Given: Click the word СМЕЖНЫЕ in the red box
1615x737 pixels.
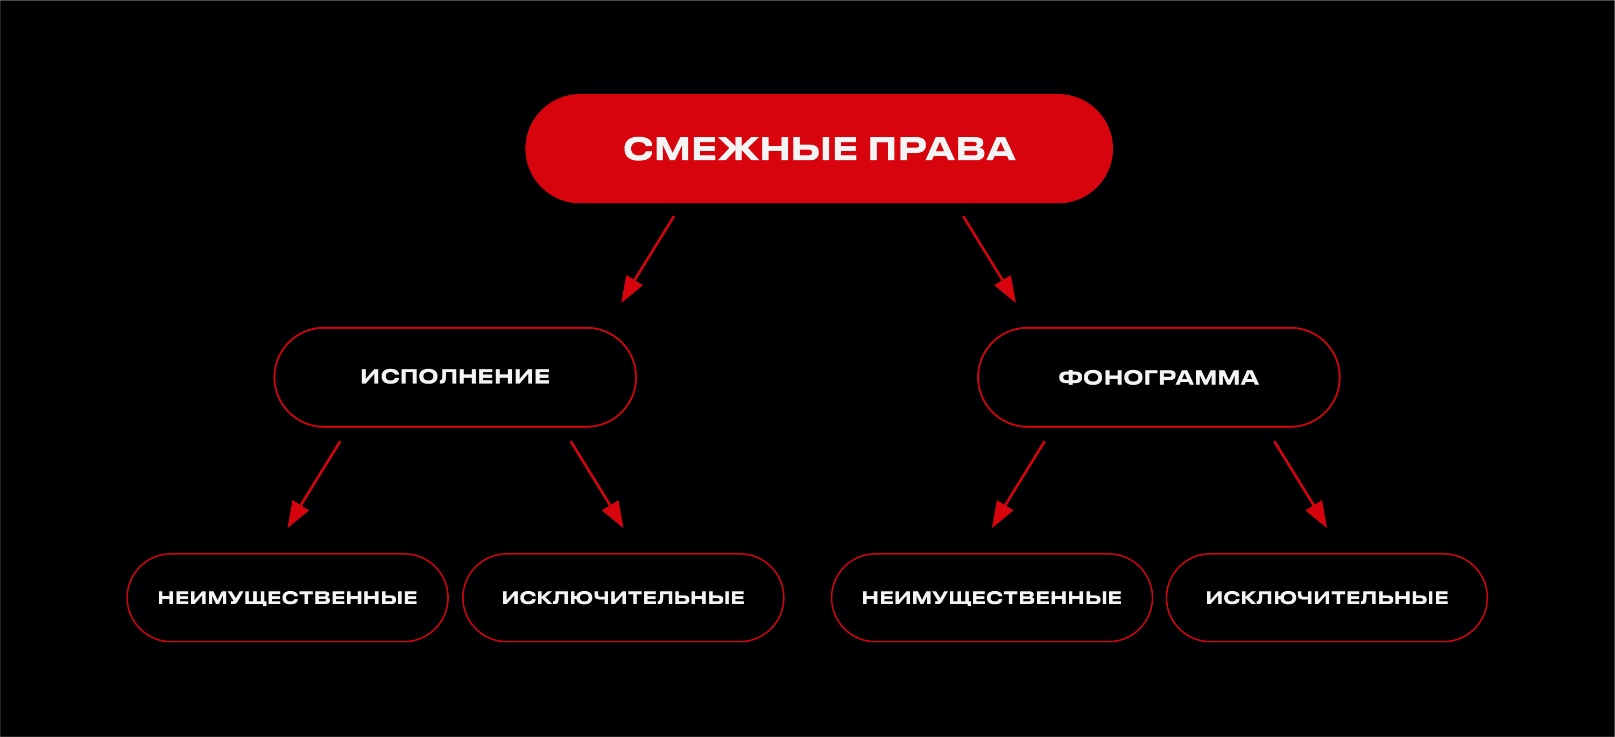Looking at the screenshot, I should (x=740, y=149).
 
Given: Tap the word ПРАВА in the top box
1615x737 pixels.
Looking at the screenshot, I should (x=942, y=149).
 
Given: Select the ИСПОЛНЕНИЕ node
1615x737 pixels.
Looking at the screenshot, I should (x=455, y=377).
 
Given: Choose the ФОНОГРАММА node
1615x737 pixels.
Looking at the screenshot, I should (x=1159, y=377).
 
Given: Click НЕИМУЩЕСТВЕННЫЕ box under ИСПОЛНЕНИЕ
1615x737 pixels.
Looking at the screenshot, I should (x=287, y=597).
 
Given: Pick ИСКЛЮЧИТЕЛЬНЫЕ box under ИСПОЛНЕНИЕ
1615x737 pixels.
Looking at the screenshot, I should (x=623, y=597).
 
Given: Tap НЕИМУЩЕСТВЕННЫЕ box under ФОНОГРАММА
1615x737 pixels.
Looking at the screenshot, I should (x=992, y=597).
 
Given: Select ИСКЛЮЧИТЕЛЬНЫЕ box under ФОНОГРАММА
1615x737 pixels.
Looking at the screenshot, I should (x=1327, y=597).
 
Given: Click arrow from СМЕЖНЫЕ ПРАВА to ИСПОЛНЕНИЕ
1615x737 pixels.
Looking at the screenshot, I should (x=650, y=257).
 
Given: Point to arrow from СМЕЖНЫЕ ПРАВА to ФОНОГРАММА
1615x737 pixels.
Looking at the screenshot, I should (x=988, y=257).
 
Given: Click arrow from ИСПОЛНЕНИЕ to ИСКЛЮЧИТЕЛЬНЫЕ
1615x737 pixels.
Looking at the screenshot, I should (x=596, y=483).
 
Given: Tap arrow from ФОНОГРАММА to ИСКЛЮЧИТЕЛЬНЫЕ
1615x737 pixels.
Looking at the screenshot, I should (x=1299, y=483).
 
